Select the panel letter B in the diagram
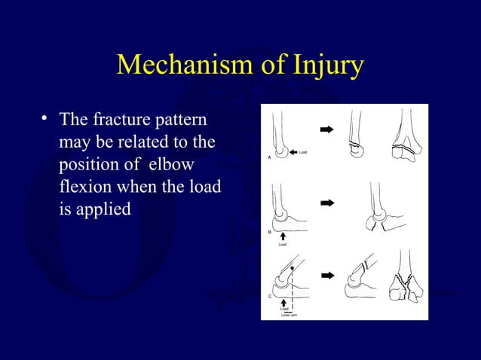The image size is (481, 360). pyautogui.click(x=269, y=233)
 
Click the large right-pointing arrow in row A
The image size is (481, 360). pyautogui.click(x=326, y=130)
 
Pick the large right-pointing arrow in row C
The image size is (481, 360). pyautogui.click(x=326, y=275)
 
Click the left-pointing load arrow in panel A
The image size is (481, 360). pyautogui.click(x=293, y=152)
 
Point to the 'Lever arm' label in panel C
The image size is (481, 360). pyautogui.click(x=288, y=314)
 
